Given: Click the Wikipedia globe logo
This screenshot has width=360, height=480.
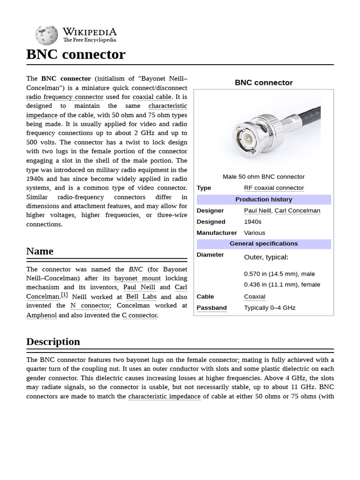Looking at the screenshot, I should point(46,35).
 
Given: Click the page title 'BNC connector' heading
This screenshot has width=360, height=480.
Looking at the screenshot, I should point(76,54).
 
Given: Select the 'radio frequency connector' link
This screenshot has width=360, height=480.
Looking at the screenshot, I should point(65,97).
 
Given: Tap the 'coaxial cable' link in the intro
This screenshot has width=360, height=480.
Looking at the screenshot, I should point(152,97).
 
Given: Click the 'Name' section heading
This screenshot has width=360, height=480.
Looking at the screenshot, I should point(40,251).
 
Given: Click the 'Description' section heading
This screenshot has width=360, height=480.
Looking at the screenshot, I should point(53,342).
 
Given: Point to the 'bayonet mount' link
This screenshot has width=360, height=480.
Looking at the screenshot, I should point(137,278).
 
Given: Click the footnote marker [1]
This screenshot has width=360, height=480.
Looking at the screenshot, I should point(64,295).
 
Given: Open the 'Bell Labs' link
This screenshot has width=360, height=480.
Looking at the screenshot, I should point(141,297).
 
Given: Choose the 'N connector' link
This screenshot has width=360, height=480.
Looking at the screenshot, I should point(90,306).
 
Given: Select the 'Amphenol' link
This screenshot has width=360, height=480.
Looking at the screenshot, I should point(41,315).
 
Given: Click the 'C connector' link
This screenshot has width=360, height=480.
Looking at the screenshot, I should point(139,315).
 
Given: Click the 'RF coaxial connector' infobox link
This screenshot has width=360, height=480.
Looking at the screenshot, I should point(274,188).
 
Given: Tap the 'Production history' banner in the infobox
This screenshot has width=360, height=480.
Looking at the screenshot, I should point(263,200).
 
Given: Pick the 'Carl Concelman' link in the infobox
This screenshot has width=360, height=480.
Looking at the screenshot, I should point(297,211).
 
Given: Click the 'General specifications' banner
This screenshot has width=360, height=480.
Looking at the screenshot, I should point(263,244).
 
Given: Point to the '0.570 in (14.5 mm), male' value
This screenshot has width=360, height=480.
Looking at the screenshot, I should point(279,274).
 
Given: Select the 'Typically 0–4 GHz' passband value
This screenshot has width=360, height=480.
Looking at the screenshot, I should point(270,308).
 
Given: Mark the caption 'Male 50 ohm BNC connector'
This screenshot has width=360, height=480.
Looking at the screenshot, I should point(263,177).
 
